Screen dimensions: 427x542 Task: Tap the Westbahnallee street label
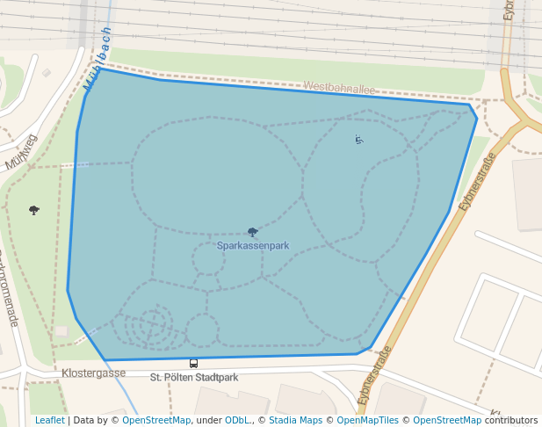tap(338, 87)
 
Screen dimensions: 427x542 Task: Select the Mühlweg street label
tap(21, 152)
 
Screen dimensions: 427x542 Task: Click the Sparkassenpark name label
tap(253, 246)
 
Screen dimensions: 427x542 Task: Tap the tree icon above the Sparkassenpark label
tap(253, 232)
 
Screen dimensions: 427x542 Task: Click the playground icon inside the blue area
tap(358, 139)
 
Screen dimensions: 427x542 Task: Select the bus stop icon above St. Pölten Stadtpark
tap(193, 363)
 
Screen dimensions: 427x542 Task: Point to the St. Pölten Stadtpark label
tap(194, 378)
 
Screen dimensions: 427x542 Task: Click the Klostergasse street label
tap(93, 373)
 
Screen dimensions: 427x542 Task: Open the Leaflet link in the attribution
tap(49, 420)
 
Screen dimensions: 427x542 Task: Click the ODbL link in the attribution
tap(238, 420)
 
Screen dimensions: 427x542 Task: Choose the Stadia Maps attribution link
tap(296, 420)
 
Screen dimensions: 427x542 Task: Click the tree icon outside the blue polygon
tap(34, 210)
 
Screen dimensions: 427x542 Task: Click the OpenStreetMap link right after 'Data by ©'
tap(155, 420)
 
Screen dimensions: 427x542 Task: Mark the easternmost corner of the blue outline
tap(477, 118)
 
